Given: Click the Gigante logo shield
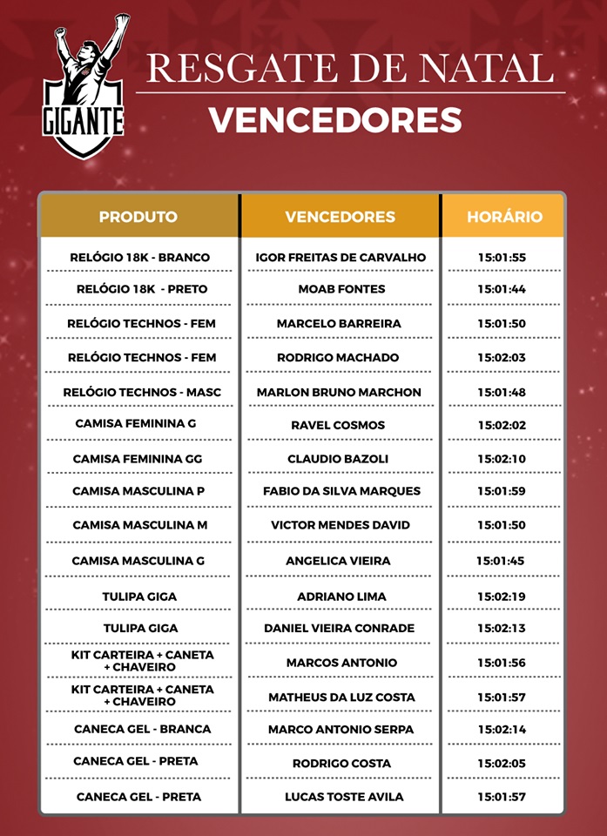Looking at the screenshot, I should (84, 87).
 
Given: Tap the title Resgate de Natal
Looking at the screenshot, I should (349, 68).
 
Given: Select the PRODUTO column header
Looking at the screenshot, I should (138, 217).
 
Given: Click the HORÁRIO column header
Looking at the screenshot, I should (504, 217).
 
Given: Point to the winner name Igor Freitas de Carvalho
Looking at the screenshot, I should (341, 258).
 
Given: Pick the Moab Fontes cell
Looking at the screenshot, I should (341, 289).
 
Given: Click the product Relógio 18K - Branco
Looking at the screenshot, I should (139, 258).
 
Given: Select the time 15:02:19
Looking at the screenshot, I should (502, 597).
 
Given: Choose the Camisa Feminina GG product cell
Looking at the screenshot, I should (138, 459).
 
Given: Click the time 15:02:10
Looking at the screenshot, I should (502, 459).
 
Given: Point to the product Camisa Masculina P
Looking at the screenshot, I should (138, 491).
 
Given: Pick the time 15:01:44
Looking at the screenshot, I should (502, 289).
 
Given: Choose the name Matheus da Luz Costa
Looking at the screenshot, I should (341, 698).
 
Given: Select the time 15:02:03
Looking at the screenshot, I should (502, 358).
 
